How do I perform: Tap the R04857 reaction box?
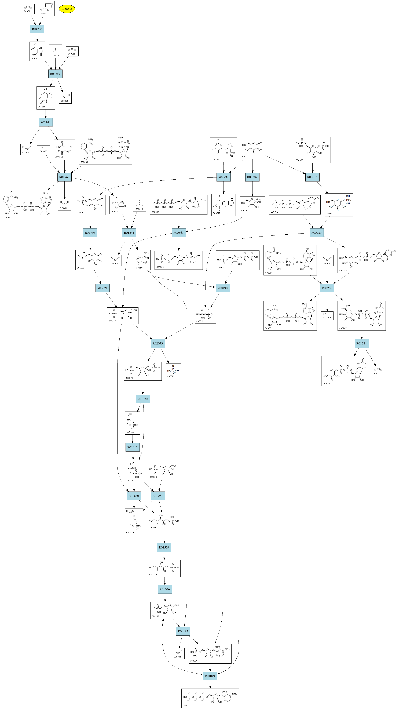coord(55,74)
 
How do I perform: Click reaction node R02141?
coord(45,122)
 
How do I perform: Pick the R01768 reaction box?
coord(64,177)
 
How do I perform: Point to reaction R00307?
coord(252,177)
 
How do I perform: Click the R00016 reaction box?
coord(312,177)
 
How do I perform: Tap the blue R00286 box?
coord(327,288)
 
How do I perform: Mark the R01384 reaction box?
coord(362,343)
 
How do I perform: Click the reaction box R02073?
coord(158,343)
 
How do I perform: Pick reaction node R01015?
coord(132,448)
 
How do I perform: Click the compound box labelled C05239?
coord(46,9)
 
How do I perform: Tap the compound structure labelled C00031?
coord(252,150)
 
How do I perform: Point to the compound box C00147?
coord(142,260)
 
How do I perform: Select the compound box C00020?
coord(210,653)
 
